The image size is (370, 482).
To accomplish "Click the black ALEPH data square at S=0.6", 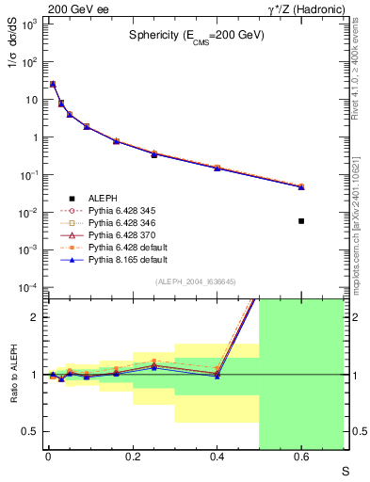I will click(301, 221).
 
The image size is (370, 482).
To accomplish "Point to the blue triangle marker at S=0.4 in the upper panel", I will click(217, 169).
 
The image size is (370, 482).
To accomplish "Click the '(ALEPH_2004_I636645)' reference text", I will click(196, 281).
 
